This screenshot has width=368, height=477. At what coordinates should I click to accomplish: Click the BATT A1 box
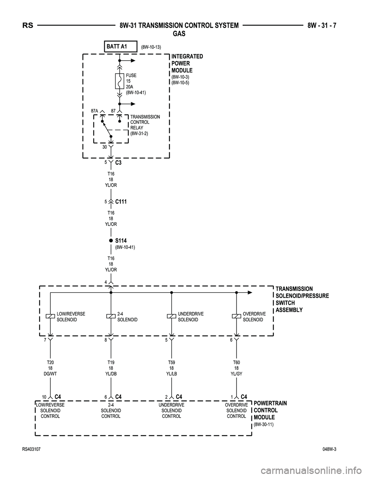120,46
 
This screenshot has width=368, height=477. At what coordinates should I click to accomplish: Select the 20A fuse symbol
119,81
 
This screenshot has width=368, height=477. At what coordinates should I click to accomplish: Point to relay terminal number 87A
95,111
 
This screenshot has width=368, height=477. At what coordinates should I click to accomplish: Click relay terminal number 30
104,146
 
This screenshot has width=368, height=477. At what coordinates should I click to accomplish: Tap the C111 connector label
121,201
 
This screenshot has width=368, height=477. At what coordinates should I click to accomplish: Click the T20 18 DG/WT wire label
50,368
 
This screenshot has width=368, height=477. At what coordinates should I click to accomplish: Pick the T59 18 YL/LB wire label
171,368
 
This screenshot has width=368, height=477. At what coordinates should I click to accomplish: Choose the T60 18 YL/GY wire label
237,368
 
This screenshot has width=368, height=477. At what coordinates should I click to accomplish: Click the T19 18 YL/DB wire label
111,368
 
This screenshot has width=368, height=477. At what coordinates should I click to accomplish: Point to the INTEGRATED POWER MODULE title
187,63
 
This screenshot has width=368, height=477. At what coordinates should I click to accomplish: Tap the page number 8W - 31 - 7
324,26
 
